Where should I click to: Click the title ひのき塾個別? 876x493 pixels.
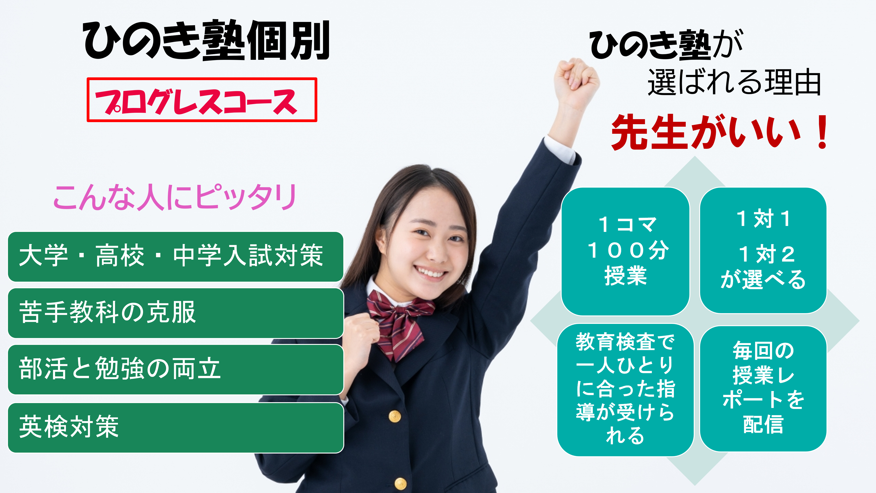pyautogui.click(x=206, y=40)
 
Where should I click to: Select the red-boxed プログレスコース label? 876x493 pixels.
pyautogui.click(x=202, y=100)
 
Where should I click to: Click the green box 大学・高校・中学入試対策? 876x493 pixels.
pyautogui.click(x=175, y=257)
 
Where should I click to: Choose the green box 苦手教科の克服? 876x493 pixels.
pyautogui.click(x=175, y=313)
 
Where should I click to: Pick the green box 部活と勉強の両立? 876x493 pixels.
pyautogui.click(x=175, y=370)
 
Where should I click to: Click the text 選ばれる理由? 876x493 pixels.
pyautogui.click(x=734, y=82)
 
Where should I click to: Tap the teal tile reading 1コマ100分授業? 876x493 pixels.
pyautogui.click(x=625, y=252)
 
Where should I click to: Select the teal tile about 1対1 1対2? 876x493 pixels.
pyautogui.click(x=763, y=250)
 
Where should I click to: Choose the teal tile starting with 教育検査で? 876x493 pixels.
pyautogui.click(x=625, y=390)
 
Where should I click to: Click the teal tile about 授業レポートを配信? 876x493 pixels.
pyautogui.click(x=763, y=388)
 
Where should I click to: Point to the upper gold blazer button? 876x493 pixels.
pyautogui.click(x=394, y=416)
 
